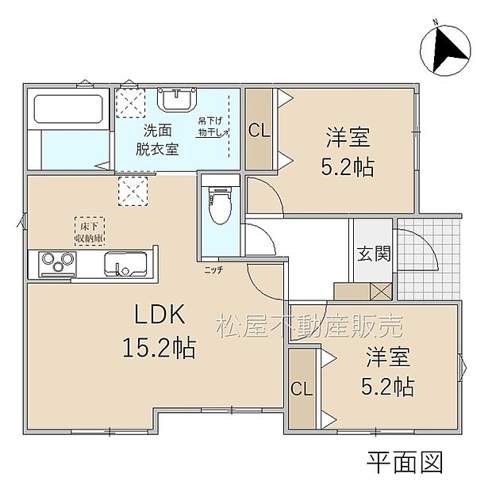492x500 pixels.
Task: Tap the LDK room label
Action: click(159, 316)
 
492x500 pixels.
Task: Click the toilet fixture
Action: click(217, 207)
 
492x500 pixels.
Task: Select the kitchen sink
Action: click(123, 263)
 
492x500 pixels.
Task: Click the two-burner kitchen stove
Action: click(52, 262)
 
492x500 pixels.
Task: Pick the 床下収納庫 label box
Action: click(90, 230)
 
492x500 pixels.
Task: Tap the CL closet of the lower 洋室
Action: click(300, 389)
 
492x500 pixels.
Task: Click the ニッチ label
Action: click(213, 269)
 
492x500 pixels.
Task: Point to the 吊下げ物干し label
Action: click(213, 125)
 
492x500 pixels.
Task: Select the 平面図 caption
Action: click(404, 462)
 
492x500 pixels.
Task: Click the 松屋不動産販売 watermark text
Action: click(310, 325)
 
